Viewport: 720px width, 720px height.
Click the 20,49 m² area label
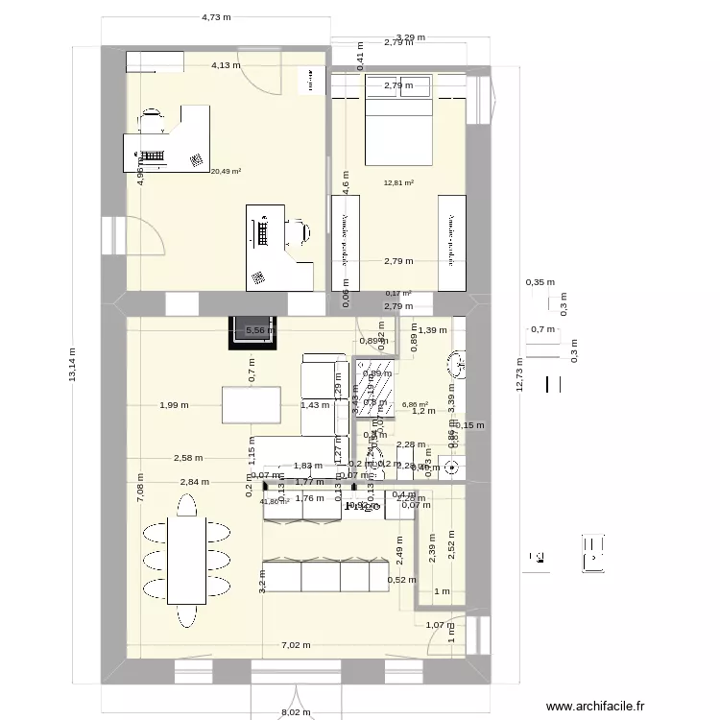point(226,172)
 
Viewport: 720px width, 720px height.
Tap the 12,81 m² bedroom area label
point(397,183)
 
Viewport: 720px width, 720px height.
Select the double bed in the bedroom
point(397,120)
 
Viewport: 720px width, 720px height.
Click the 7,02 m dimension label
point(296,645)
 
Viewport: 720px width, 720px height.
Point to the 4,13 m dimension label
point(227,65)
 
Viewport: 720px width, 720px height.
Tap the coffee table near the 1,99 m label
point(252,404)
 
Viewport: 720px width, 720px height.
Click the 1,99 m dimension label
point(174,405)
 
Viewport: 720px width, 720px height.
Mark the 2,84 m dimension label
point(193,481)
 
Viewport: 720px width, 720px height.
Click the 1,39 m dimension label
point(434,330)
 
